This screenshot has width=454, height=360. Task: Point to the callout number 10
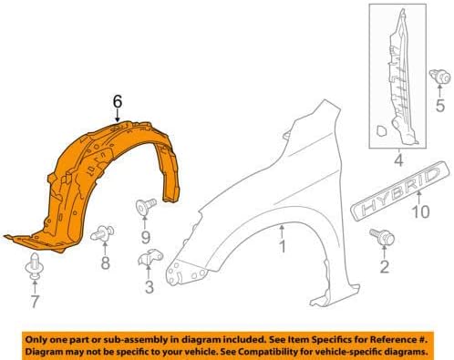coord(419,214)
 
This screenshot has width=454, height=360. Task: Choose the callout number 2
coord(384,267)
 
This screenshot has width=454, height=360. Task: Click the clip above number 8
coord(105,230)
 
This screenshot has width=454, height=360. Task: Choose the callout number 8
coord(105,264)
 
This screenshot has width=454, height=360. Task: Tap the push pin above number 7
coord(36,264)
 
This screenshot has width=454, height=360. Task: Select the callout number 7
coord(36,301)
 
